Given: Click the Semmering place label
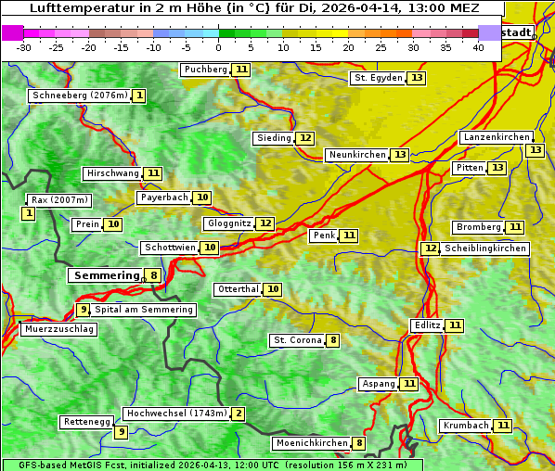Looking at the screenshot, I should (x=105, y=275).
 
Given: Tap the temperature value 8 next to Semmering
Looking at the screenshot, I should (x=153, y=275).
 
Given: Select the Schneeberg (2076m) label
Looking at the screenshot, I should (x=79, y=95).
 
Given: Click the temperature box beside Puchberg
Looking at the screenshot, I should (x=241, y=70).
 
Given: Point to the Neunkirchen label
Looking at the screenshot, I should (x=356, y=155).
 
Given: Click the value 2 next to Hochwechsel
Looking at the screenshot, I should (x=239, y=414).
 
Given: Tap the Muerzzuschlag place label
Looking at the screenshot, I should (x=59, y=329).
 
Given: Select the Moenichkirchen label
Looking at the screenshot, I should (x=311, y=443).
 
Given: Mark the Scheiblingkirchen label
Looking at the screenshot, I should (x=484, y=248).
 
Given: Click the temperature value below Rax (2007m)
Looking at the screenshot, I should (x=29, y=214).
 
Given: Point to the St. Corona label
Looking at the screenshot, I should (x=297, y=340).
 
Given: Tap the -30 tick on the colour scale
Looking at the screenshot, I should (x=24, y=47).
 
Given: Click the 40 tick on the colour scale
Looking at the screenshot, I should (x=478, y=47).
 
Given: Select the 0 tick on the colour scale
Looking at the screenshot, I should (x=219, y=47).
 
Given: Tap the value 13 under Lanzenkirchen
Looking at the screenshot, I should (x=535, y=150).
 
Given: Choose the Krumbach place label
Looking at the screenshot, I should (x=465, y=426).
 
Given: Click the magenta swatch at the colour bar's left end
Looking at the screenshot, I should (x=12, y=32).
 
